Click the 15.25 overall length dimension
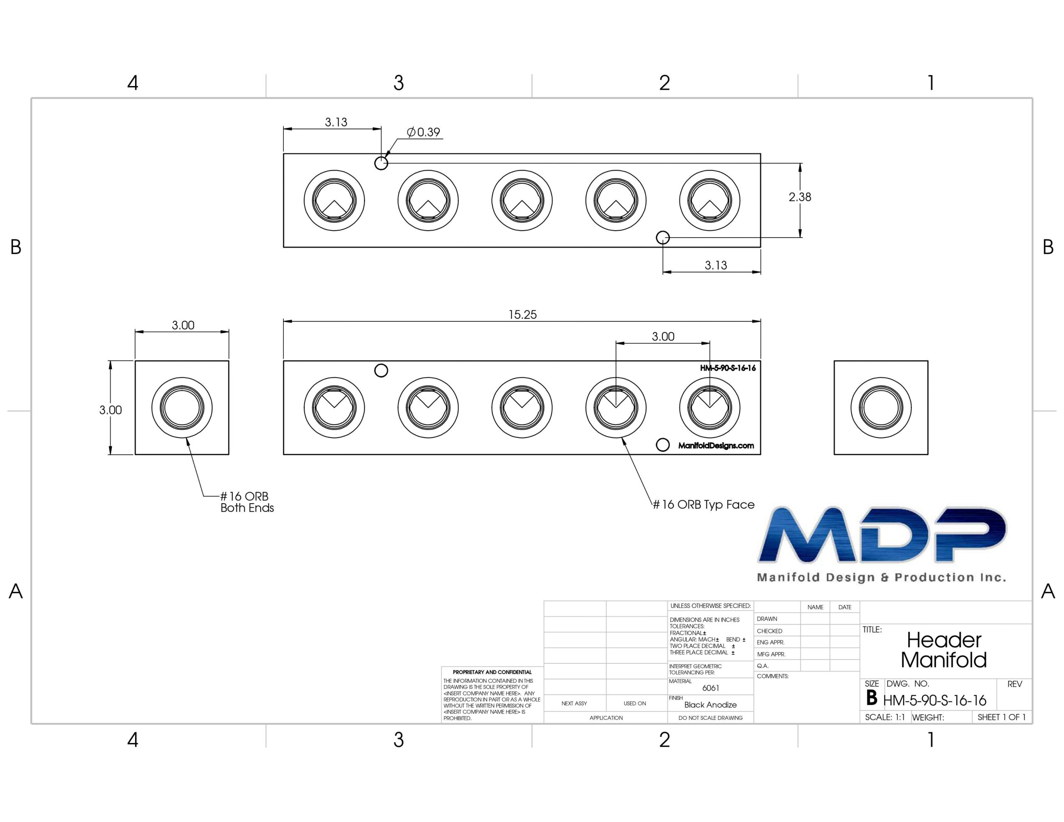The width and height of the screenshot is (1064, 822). pyautogui.click(x=522, y=315)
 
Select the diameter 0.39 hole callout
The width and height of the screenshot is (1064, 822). pyautogui.click(x=424, y=132)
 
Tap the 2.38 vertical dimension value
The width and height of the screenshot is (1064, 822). pyautogui.click(x=800, y=197)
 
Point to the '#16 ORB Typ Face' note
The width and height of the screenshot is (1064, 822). pyautogui.click(x=704, y=505)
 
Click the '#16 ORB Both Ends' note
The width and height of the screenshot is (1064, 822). pyautogui.click(x=247, y=502)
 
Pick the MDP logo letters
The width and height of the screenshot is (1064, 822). pyautogui.click(x=882, y=534)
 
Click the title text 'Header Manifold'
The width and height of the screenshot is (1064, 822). pyautogui.click(x=943, y=650)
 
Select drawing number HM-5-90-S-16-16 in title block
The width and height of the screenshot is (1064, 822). pyautogui.click(x=934, y=701)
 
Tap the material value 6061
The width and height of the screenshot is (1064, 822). pyautogui.click(x=711, y=688)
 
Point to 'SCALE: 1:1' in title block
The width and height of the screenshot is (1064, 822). pyautogui.click(x=885, y=717)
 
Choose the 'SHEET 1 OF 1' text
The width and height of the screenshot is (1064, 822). pyautogui.click(x=1002, y=717)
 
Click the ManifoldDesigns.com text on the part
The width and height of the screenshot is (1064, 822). pyautogui.click(x=716, y=445)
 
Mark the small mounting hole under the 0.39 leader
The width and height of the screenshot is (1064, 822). pyautogui.click(x=381, y=163)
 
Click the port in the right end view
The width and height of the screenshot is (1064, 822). pyautogui.click(x=881, y=408)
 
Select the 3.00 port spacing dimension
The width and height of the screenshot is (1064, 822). pyautogui.click(x=663, y=337)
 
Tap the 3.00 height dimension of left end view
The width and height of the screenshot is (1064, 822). pyautogui.click(x=111, y=410)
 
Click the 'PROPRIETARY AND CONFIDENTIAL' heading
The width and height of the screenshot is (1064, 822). pyautogui.click(x=492, y=672)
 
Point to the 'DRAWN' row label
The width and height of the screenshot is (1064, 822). pyautogui.click(x=767, y=619)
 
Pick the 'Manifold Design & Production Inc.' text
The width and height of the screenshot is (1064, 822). pyautogui.click(x=881, y=578)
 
